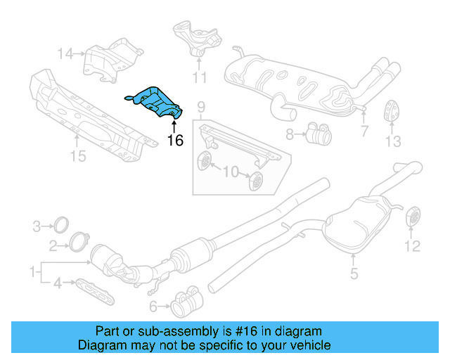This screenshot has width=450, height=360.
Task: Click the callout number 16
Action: coord(175,141)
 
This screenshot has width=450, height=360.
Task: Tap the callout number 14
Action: coord(65,53)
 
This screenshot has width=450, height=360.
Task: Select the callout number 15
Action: coord(78,155)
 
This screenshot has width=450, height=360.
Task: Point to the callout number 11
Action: coord(200,77)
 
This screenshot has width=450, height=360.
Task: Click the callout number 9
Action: coord(200,108)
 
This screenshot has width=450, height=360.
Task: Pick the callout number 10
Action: coord(230,172)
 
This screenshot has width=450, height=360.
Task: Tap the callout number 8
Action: coord(290,133)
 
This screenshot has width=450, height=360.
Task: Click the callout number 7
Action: coord(364,131)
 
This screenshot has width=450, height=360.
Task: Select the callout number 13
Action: coord(392,141)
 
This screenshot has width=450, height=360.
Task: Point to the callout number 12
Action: coord(412,246)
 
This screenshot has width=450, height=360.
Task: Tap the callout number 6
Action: coord(153,306)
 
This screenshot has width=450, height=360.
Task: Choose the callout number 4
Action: coord(58,284)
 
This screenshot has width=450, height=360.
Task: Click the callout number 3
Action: coord(37,226)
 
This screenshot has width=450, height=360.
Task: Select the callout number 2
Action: coord(53,245)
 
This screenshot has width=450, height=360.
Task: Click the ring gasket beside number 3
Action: coord(62,226)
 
